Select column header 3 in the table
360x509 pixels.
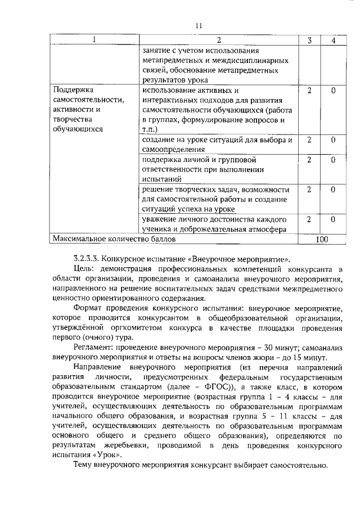coord(309,40)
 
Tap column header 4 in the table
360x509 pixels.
coord(333,40)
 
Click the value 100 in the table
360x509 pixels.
coord(321,240)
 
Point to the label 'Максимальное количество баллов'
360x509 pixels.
coord(114,240)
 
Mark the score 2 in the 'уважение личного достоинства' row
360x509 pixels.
coord(309,219)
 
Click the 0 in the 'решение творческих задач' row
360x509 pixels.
coord(333,190)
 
